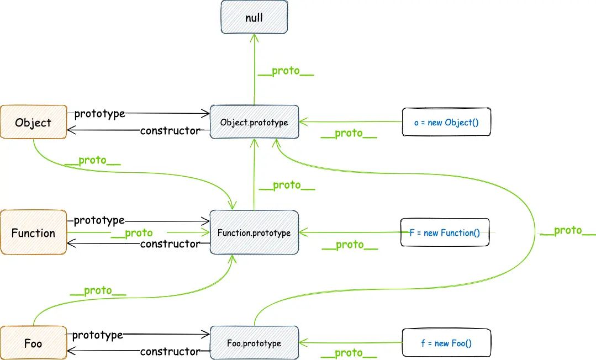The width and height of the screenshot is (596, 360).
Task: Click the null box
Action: (254, 17)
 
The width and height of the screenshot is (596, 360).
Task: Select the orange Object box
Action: (34, 122)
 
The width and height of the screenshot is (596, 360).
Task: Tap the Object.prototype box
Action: (254, 122)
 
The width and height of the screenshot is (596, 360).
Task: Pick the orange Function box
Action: (34, 232)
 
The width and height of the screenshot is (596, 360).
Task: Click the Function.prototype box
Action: (254, 232)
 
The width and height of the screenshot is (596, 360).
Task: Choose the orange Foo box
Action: (34, 343)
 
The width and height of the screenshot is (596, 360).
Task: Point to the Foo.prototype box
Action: (254, 343)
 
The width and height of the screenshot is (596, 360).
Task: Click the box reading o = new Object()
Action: (447, 122)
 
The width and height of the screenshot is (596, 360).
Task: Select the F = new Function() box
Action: (445, 232)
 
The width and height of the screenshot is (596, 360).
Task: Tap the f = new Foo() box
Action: (447, 343)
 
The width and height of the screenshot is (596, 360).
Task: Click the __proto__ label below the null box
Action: (286, 71)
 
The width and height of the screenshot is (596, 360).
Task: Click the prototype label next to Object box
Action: (99, 114)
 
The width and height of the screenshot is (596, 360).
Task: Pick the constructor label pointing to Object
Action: (170, 131)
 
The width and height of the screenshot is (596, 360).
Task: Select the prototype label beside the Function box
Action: (99, 220)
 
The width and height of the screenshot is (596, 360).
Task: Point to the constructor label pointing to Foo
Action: (170, 352)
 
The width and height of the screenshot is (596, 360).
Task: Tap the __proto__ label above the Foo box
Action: (98, 291)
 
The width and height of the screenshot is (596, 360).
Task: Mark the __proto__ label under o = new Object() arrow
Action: (349, 134)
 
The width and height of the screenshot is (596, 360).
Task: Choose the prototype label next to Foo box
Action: (98, 335)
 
